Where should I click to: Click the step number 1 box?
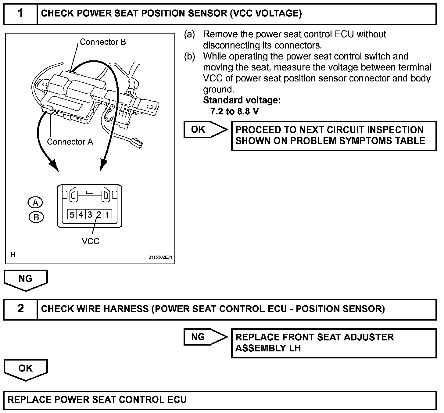pyautogui.click(x=20, y=14)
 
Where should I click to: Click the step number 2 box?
pyautogui.click(x=20, y=309)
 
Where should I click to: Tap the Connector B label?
pyautogui.click(x=103, y=42)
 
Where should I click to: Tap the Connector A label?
pyautogui.click(x=70, y=142)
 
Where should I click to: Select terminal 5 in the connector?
pyautogui.click(x=72, y=215)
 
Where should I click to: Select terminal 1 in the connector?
pyautogui.click(x=107, y=215)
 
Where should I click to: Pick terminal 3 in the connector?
pyautogui.click(x=90, y=215)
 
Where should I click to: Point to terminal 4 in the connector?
pyautogui.click(x=81, y=215)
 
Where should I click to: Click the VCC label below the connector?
pyautogui.click(x=91, y=242)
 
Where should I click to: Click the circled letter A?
pyautogui.click(x=35, y=203)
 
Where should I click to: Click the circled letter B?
pyautogui.click(x=36, y=217)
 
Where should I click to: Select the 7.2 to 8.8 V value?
pyautogui.click(x=235, y=112)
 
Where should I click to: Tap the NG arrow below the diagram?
pyautogui.click(x=26, y=279)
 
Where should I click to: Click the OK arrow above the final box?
pyautogui.click(x=26, y=369)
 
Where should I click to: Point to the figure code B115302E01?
pyautogui.click(x=160, y=257)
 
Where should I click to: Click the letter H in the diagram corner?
pyautogui.click(x=13, y=255)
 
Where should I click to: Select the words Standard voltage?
pyautogui.click(x=242, y=100)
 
